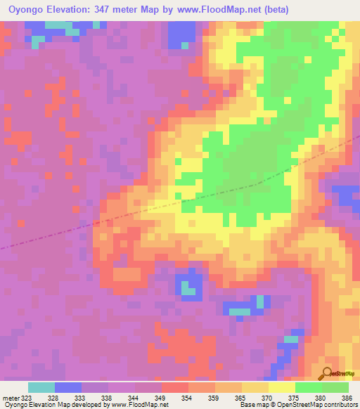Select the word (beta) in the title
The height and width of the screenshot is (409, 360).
coord(292,11)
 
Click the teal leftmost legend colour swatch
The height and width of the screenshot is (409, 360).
coord(41,387)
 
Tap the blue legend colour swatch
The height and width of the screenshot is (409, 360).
coord(68,387)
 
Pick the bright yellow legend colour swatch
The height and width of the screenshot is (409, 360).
coord(282,387)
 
